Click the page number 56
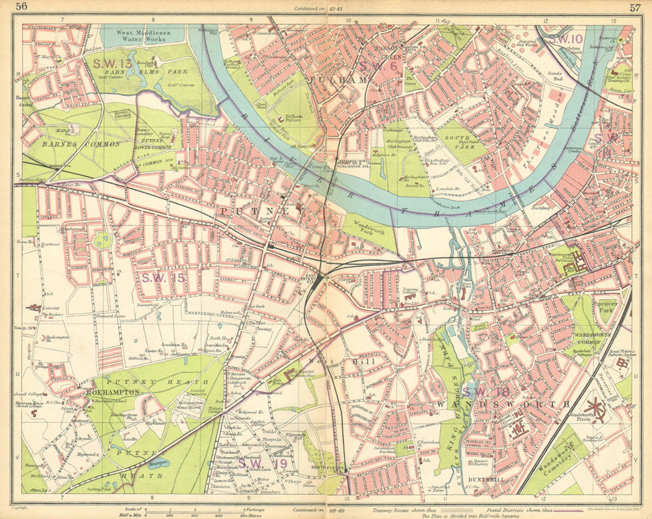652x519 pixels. [22, 7]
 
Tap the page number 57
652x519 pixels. [634, 7]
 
